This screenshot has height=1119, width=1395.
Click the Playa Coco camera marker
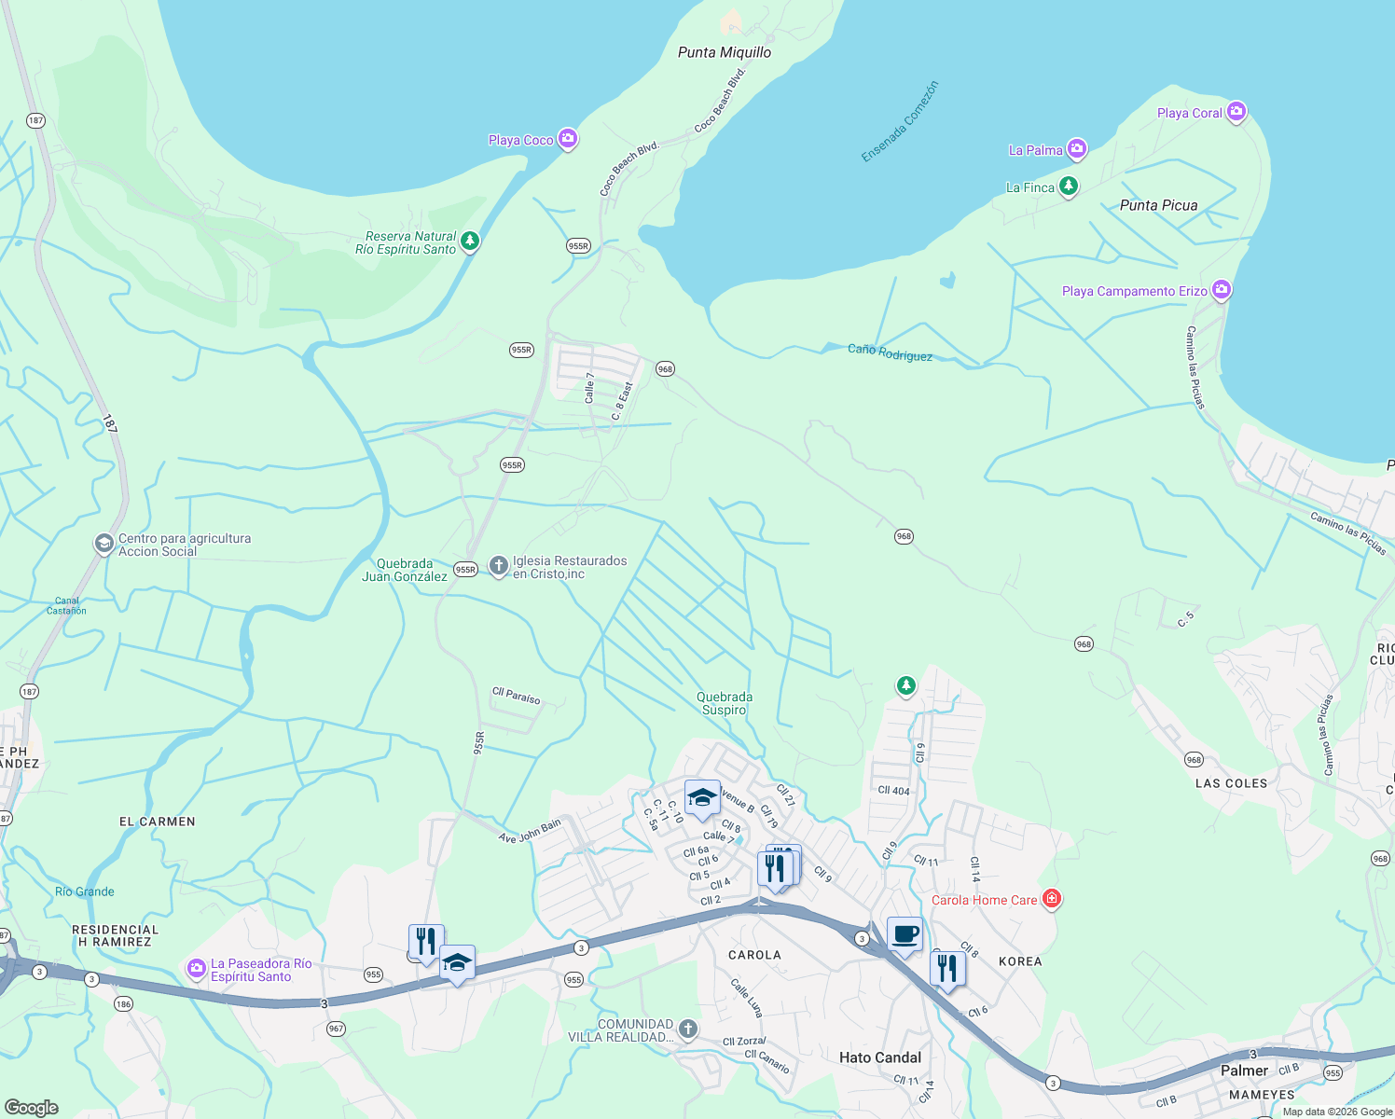[567, 140]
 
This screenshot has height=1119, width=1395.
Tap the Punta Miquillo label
[724, 52]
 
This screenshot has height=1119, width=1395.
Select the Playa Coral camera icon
[1236, 112]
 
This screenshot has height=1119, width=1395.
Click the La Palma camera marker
[1076, 149]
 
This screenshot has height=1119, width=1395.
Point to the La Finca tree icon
[1068, 186]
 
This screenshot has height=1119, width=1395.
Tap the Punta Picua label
[1158, 205]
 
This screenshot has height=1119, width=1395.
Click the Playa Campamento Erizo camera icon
[1221, 290]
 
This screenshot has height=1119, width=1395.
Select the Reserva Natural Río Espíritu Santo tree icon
[470, 242]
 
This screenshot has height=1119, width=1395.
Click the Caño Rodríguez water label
[890, 352]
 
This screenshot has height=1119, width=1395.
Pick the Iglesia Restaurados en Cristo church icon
[499, 566]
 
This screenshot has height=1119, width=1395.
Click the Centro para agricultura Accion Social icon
[104, 545]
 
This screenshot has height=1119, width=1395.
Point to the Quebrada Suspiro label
[724, 703]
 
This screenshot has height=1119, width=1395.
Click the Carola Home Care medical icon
[1051, 899]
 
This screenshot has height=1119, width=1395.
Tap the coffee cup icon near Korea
[904, 934]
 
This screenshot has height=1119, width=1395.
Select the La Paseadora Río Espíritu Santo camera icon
[196, 970]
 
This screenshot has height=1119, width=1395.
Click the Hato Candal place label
[879, 1057]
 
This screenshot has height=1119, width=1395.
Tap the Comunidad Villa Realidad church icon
[687, 1029]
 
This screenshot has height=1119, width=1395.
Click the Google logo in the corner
[32, 1107]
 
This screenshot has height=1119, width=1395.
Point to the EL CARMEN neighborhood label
[157, 822]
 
